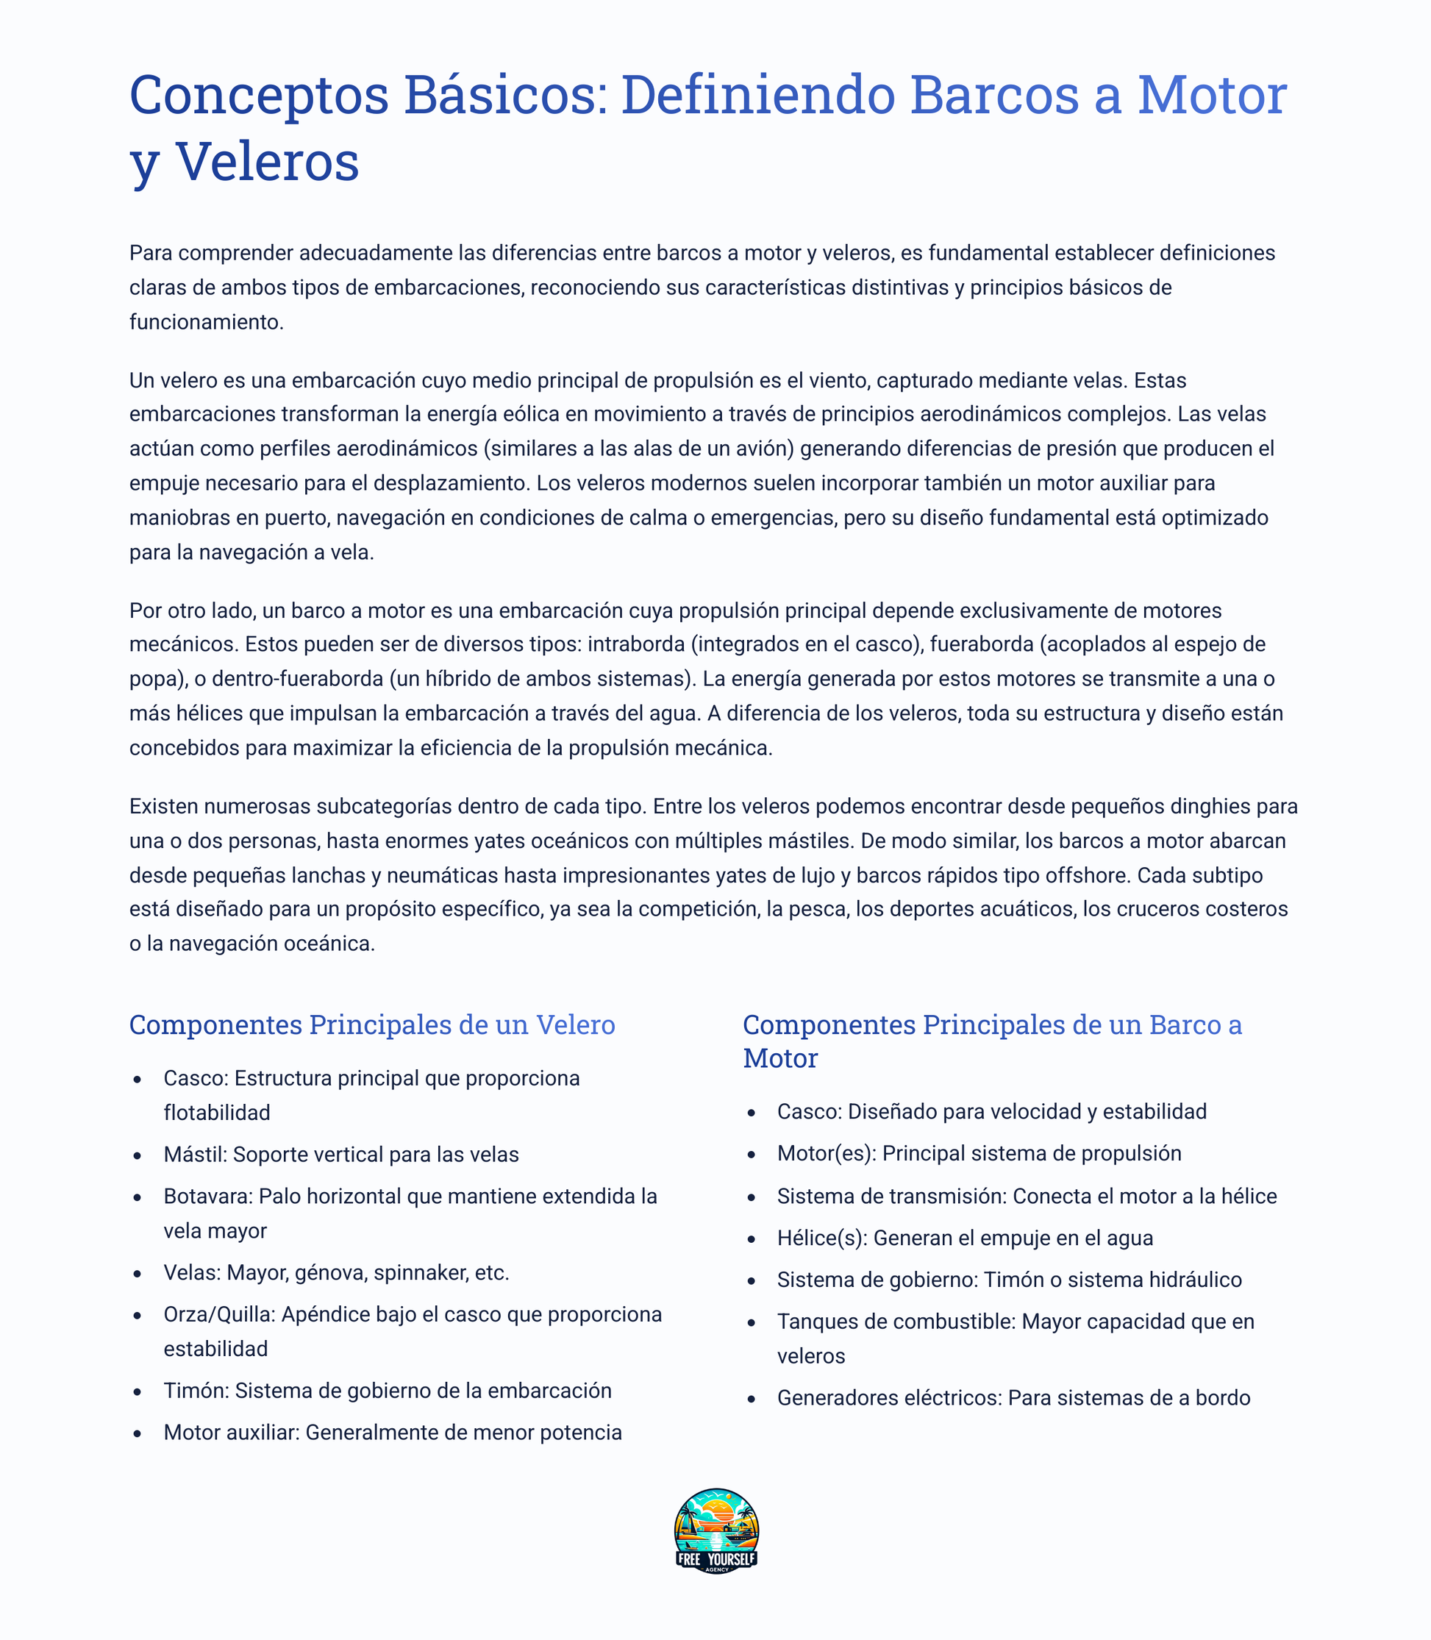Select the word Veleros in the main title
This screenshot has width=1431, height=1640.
[268, 162]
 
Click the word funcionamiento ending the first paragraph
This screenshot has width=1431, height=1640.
[206, 322]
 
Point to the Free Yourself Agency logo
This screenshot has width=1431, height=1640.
[716, 1530]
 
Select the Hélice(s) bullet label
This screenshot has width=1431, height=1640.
[821, 1238]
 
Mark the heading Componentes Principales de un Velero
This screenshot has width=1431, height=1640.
[372, 1025]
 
